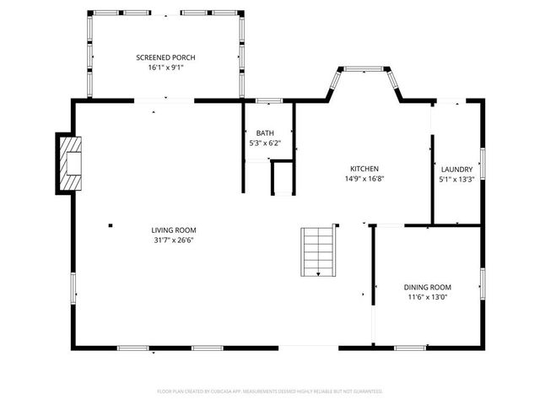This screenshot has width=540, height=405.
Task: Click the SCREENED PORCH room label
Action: pyautogui.click(x=165, y=57)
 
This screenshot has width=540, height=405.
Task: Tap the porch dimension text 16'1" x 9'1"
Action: pyautogui.click(x=165, y=67)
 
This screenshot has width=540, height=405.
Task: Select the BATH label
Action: pyautogui.click(x=265, y=133)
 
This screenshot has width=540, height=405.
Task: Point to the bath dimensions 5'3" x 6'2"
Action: pyautogui.click(x=265, y=143)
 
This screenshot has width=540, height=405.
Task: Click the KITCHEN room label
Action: pyautogui.click(x=364, y=169)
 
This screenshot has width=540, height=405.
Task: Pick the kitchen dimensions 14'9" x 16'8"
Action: pyautogui.click(x=364, y=179)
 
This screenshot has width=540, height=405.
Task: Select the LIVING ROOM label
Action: pyautogui.click(x=174, y=229)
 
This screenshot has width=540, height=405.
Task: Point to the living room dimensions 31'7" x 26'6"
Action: pyautogui.click(x=174, y=240)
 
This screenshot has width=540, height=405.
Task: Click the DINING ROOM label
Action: pyautogui.click(x=427, y=287)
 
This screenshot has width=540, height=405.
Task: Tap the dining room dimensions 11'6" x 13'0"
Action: pyautogui.click(x=427, y=297)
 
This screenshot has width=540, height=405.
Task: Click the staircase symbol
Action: pyautogui.click(x=318, y=251)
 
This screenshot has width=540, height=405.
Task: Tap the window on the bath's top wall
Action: pyautogui.click(x=268, y=101)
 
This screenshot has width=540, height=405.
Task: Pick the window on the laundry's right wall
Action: pyautogui.click(x=483, y=163)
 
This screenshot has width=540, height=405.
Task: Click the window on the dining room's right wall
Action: pyautogui.click(x=483, y=285)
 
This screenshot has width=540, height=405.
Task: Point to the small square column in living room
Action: pyautogui.click(x=111, y=224)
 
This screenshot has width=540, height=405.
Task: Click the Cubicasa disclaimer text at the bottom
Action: pyautogui.click(x=270, y=391)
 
